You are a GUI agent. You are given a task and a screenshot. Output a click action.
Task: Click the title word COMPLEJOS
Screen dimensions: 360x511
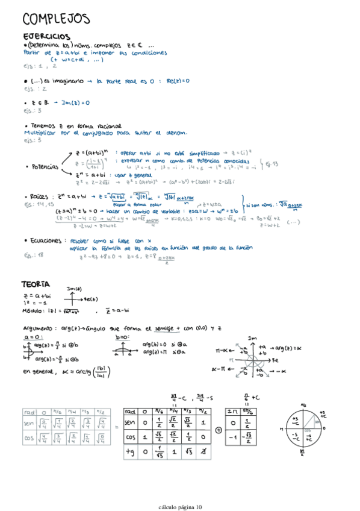coord(55,19)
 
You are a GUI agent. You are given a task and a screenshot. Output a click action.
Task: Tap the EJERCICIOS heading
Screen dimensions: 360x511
coord(46,37)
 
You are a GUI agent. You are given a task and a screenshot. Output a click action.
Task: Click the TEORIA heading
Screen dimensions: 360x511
coord(36,284)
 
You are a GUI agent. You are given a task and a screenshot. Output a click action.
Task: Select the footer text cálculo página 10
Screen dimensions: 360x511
coord(181,507)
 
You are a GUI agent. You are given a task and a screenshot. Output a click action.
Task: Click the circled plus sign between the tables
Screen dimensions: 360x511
coord(217,430)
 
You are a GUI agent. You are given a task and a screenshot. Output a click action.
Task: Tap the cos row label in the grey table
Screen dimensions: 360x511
coord(29,439)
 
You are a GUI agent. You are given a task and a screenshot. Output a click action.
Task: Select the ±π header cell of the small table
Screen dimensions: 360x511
coord(232,411)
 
